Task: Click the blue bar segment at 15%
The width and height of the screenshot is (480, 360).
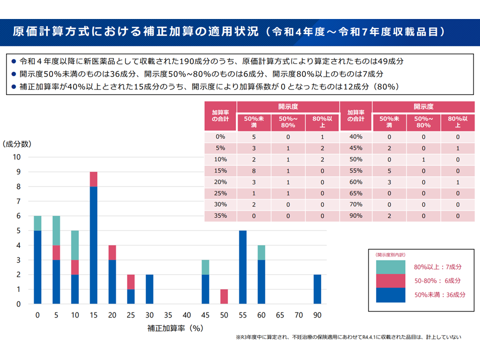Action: point(93,245)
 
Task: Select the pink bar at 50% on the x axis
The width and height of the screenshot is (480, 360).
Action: point(224,296)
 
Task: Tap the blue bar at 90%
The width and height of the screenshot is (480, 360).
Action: point(317,289)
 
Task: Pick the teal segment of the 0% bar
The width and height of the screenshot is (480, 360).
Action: point(37,223)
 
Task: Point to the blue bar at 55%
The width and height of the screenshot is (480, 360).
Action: point(243,267)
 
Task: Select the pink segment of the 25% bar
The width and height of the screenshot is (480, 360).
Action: point(131,281)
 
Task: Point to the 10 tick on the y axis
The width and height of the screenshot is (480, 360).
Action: point(16,157)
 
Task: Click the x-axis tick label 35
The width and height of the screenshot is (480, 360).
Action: point(168,315)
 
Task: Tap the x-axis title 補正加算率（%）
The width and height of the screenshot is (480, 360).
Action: point(175,328)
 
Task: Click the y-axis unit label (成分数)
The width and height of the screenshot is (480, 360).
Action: point(17,144)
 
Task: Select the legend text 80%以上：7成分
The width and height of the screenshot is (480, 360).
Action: point(437,267)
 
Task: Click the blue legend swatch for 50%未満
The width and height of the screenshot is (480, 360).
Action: point(390,295)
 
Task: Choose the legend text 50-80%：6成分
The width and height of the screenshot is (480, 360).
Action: point(437,281)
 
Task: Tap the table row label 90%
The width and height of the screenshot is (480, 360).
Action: point(355,216)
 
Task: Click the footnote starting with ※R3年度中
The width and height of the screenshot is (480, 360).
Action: point(348,337)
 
